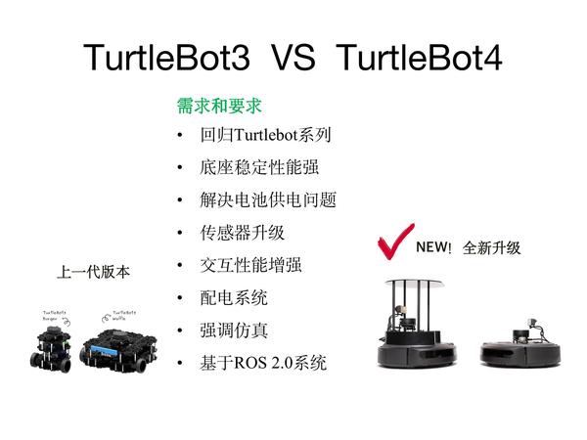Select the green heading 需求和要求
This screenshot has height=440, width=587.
(x=219, y=105)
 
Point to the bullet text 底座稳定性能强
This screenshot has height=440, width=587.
(x=252, y=167)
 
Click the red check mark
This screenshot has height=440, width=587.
(x=394, y=242)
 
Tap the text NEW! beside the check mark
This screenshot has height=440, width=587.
(x=433, y=247)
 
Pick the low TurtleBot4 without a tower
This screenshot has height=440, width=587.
(x=515, y=347)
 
